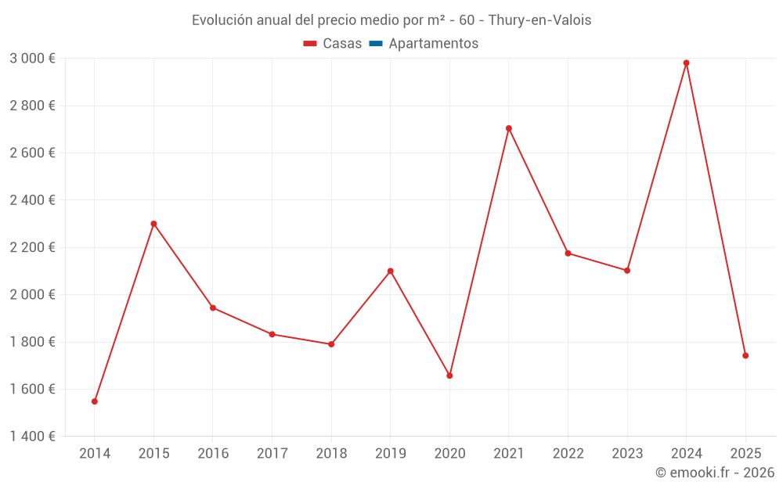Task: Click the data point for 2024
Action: (687, 63)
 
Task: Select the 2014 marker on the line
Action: (95, 401)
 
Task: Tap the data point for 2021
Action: (509, 128)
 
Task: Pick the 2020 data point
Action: (449, 376)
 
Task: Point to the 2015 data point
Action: (153, 224)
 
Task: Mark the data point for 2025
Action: (745, 355)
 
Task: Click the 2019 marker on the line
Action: (391, 271)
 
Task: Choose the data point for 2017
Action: (272, 334)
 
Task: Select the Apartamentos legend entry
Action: (433, 44)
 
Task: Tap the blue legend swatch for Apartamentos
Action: (375, 44)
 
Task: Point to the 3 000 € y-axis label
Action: (32, 59)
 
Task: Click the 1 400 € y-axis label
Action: (32, 437)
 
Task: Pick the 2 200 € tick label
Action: (32, 247)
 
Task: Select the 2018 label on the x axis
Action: (331, 453)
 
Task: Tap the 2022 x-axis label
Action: (568, 453)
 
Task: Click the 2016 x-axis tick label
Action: (213, 453)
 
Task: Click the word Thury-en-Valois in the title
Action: (539, 20)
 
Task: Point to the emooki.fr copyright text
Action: (714, 473)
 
